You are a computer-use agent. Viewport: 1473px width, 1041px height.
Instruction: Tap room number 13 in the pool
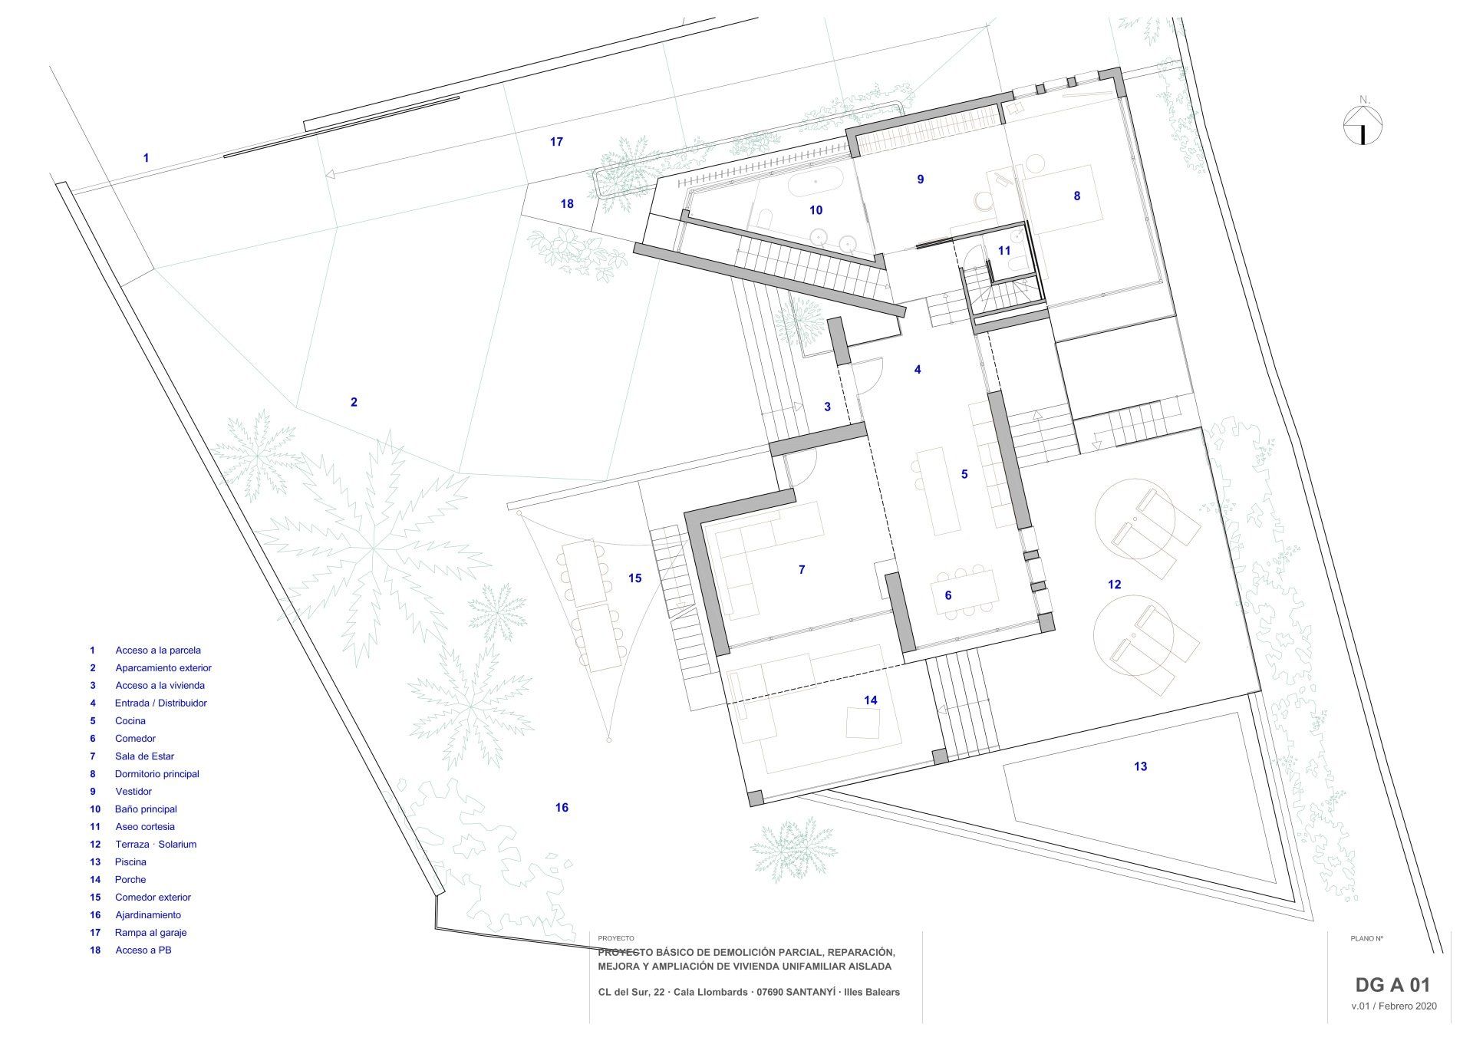click(1140, 766)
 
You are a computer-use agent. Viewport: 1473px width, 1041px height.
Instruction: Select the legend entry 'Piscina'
click(130, 862)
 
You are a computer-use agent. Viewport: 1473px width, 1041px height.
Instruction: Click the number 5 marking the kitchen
click(964, 474)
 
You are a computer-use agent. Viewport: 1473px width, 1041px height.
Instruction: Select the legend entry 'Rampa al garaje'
click(150, 933)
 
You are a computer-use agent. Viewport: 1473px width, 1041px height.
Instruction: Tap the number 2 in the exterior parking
click(354, 402)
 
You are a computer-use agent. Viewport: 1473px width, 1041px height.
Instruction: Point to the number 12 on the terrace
click(1114, 585)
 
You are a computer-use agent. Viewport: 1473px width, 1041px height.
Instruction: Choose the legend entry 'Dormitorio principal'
click(157, 774)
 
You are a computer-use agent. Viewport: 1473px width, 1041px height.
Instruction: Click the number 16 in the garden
click(562, 807)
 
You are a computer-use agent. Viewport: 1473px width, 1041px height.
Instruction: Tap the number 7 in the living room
click(802, 569)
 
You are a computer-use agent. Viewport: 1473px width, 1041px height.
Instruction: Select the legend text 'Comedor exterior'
click(153, 898)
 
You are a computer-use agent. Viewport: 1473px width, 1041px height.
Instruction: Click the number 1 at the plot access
click(146, 158)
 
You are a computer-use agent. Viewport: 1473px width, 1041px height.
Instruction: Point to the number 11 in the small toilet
click(1004, 250)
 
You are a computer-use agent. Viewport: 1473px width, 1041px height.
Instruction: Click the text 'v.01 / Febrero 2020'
click(1394, 1027)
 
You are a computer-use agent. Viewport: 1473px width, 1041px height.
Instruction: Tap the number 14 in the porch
click(870, 700)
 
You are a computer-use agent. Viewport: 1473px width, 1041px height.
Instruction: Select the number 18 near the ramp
click(567, 204)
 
